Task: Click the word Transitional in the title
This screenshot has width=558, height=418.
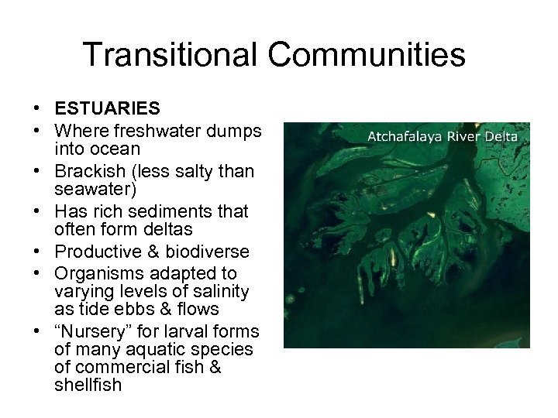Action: click(170, 55)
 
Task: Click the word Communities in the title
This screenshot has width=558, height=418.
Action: click(367, 55)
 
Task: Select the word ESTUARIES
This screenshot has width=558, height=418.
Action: click(107, 109)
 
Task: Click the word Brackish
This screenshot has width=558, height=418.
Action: click(92, 171)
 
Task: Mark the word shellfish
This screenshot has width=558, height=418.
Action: click(88, 385)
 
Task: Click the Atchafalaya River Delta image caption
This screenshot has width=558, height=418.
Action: click(442, 138)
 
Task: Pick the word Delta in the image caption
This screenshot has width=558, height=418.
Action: click(501, 138)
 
